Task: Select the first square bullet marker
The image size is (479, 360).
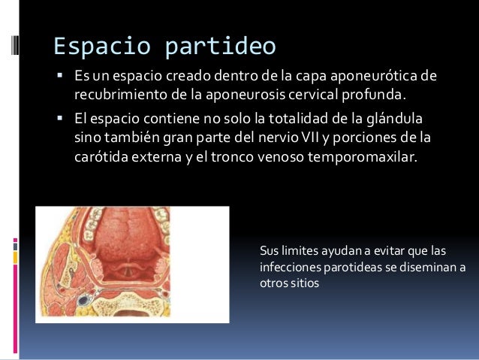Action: click(x=59, y=76)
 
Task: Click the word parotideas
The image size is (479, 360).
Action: click(x=350, y=268)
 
